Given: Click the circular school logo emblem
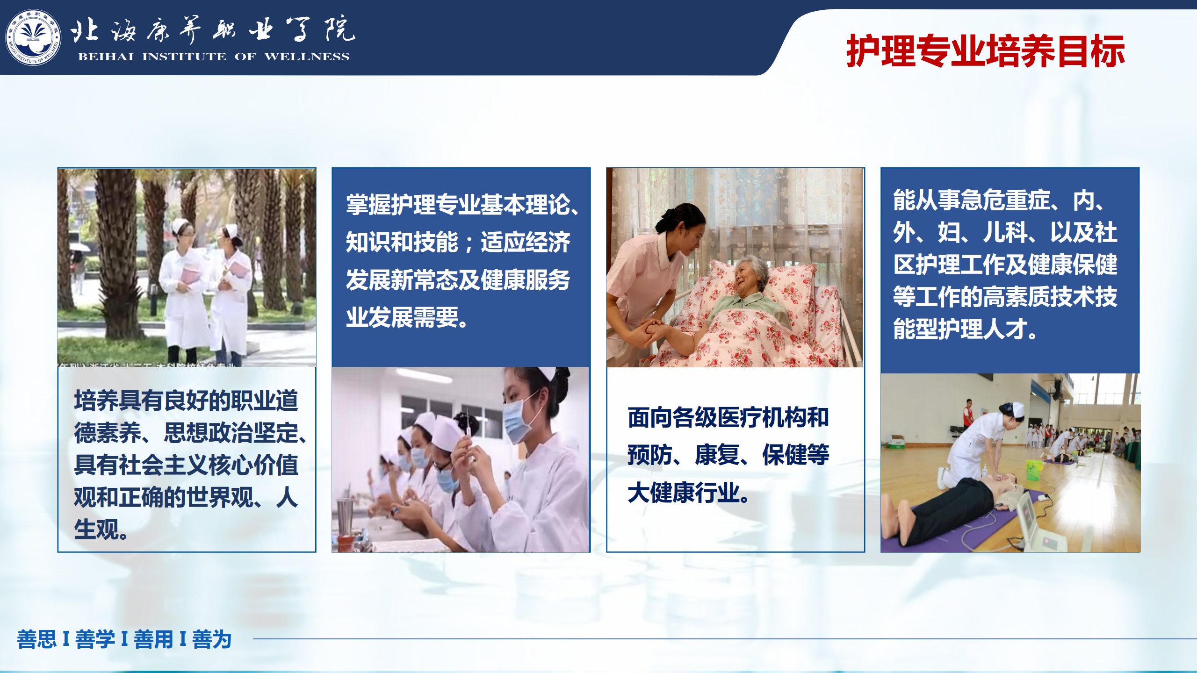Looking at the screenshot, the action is click(x=33, y=37).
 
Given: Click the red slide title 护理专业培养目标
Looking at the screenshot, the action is click(x=986, y=51).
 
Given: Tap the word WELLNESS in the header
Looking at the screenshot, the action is click(x=307, y=57).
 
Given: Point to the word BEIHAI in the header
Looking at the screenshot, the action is click(x=106, y=57).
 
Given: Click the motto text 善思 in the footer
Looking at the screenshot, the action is click(x=36, y=639).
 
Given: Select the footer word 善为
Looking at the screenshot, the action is click(x=212, y=639).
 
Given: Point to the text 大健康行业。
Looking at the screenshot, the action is click(x=688, y=493).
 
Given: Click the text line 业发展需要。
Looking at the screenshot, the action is click(x=407, y=318).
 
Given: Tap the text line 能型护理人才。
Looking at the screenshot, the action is click(x=966, y=329).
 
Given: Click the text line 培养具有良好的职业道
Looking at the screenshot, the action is click(x=186, y=401).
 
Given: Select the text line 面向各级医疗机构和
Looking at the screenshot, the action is click(x=728, y=418).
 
